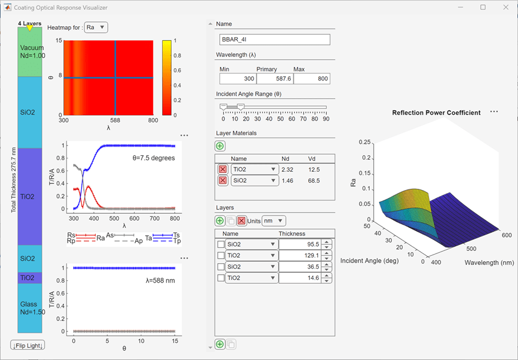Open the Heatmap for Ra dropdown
click(x=96, y=27)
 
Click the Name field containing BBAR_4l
click(x=274, y=40)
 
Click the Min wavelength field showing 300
click(x=238, y=79)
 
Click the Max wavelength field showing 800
click(x=311, y=79)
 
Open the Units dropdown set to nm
click(x=274, y=221)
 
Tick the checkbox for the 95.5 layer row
click(x=221, y=244)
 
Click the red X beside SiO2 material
click(x=222, y=180)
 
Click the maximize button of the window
click(x=483, y=7)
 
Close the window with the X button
click(x=505, y=7)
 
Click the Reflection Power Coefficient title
click(x=436, y=113)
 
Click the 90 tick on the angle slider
click(x=326, y=119)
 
